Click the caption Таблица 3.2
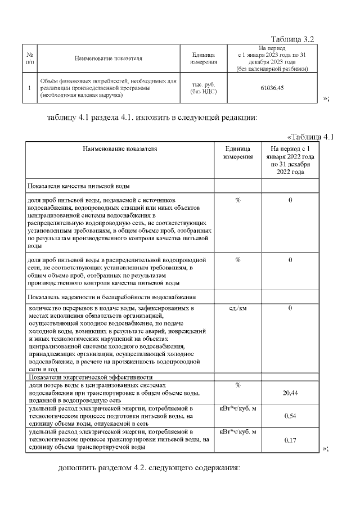pos(292,39)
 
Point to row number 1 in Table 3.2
pos(29,88)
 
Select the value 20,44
pos(290,394)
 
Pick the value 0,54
pos(290,416)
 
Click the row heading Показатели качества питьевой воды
pos(79,186)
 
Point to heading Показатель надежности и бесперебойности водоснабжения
pos(111,296)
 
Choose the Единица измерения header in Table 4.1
pos(237,152)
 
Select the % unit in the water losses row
pos(237,385)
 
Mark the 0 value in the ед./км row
pos(290,309)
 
